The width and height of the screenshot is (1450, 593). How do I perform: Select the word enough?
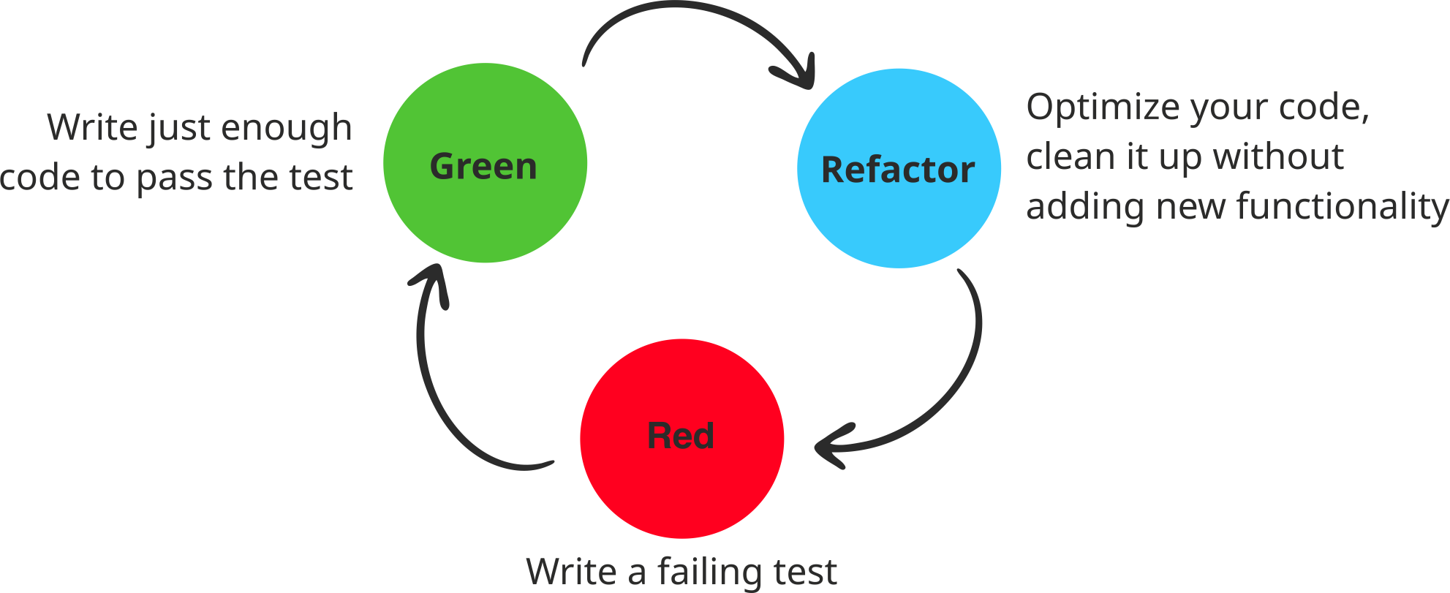[287, 129]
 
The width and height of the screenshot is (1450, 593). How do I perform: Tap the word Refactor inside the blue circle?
[898, 170]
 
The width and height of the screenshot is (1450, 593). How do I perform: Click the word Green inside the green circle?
[483, 167]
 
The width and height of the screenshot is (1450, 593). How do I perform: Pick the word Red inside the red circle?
[681, 436]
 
